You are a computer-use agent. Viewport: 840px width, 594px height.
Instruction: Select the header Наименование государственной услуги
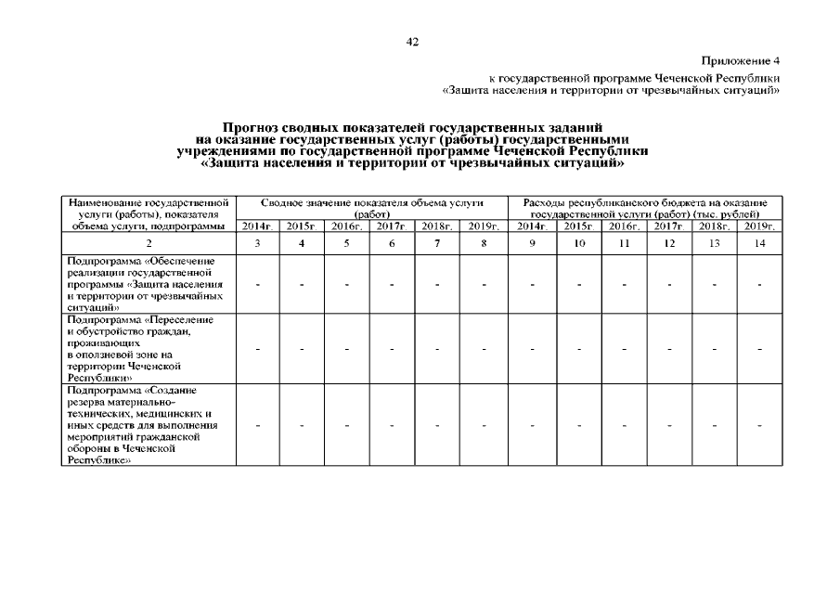tap(149, 208)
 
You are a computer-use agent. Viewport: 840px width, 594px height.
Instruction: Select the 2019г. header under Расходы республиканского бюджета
tap(759, 226)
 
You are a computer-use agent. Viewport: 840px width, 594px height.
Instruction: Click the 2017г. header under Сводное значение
tap(392, 226)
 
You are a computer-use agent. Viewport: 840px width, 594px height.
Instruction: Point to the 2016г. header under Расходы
tap(624, 226)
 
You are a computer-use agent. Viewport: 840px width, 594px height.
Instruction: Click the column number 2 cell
tap(149, 243)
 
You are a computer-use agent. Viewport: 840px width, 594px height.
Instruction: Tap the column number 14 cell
tap(759, 243)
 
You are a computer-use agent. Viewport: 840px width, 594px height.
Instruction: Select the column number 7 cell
tap(437, 243)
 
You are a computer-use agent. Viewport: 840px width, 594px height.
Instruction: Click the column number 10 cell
tap(579, 243)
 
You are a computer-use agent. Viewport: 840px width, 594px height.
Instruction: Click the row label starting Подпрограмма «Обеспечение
tap(144, 283)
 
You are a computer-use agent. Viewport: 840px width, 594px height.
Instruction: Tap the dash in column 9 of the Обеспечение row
tap(533, 283)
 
